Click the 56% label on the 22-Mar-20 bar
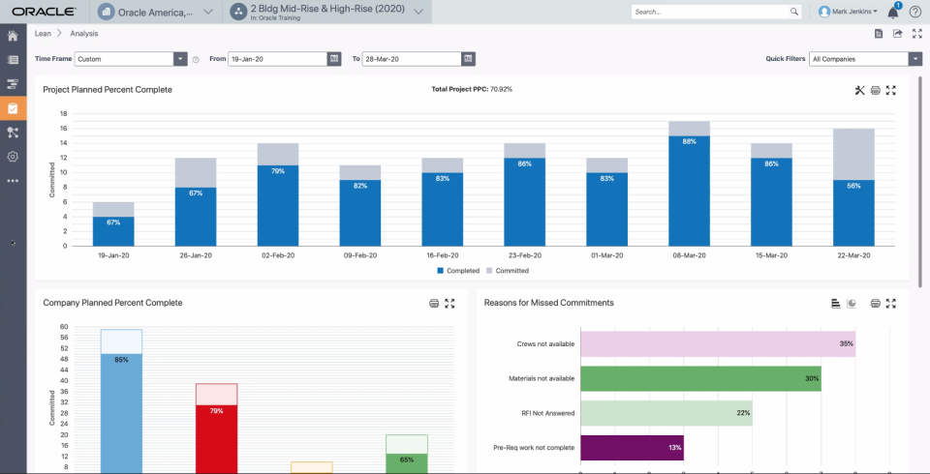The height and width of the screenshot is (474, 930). coord(853,186)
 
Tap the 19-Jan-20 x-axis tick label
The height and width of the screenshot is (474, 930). coord(113,255)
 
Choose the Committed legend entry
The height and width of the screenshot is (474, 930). coord(507,271)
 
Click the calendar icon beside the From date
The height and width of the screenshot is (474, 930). coord(334,59)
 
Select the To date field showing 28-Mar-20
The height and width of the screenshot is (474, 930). coord(412,59)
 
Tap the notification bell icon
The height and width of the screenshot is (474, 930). coord(892,12)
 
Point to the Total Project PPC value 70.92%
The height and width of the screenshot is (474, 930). coord(501,89)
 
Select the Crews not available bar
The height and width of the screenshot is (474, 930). coord(717,343)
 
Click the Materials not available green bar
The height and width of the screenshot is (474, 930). coord(699,378)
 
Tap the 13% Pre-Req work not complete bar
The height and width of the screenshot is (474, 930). coord(631,447)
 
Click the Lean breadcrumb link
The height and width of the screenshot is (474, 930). coord(43,34)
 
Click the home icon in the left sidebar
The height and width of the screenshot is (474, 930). coord(13,36)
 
